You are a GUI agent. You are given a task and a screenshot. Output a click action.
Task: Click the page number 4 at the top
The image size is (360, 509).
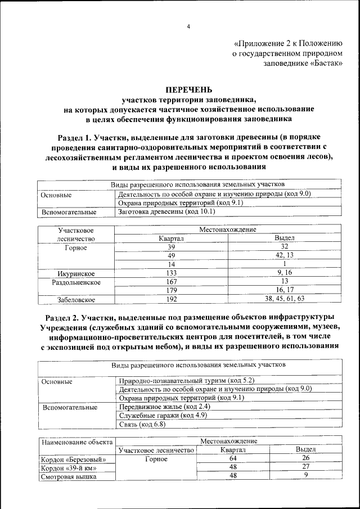[x=189, y=26]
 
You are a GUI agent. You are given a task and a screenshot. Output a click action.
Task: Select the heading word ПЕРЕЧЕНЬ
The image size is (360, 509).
[x=188, y=89]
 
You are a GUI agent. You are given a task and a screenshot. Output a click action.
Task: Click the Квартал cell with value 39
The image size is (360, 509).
[x=172, y=246]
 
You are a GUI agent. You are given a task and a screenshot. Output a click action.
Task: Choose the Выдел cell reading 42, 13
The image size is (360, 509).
[x=285, y=255]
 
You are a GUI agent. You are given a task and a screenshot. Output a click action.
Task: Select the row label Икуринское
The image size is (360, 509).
[x=75, y=273]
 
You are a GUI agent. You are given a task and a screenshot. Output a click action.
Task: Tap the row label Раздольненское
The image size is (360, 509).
[x=76, y=282]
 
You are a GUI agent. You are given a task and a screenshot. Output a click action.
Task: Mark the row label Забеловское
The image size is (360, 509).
[x=75, y=299]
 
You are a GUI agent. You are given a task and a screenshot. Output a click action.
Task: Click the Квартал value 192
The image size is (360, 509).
[x=172, y=299]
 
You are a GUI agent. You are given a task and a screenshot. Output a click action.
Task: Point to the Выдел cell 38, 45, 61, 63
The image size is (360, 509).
[x=285, y=299]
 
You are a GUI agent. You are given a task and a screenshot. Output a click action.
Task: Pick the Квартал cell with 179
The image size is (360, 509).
[x=172, y=290]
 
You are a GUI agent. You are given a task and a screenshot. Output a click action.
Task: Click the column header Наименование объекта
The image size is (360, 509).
[x=76, y=442]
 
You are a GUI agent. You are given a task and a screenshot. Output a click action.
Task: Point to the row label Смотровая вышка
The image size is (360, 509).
[x=68, y=476]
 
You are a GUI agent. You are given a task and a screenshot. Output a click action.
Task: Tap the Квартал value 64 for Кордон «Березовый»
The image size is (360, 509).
[x=233, y=459]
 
